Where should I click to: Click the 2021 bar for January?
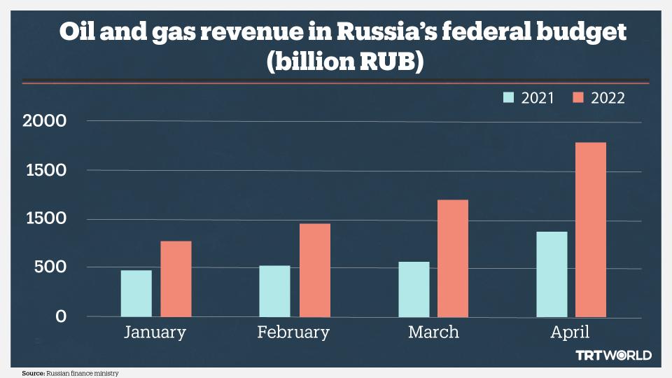click(x=136, y=293)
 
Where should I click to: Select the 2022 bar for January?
click(x=176, y=279)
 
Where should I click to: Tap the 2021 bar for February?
click(x=274, y=291)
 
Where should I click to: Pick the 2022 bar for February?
click(x=314, y=270)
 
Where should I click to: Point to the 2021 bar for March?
click(x=414, y=289)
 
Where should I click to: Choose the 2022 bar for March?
click(x=453, y=258)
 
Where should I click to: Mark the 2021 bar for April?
click(x=552, y=274)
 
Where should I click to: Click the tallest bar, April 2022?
click(x=591, y=230)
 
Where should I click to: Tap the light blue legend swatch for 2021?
click(x=509, y=98)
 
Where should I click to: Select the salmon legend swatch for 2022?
click(x=578, y=98)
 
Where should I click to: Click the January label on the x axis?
click(x=155, y=332)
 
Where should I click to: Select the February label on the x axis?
click(x=293, y=332)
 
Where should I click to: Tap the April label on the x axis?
click(x=570, y=332)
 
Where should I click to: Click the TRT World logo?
click(x=613, y=356)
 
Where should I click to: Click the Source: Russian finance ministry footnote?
click(x=66, y=373)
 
